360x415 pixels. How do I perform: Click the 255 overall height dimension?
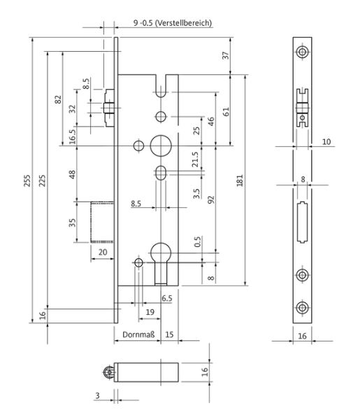27,181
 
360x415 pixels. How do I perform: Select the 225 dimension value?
42,181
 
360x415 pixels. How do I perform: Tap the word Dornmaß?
138,335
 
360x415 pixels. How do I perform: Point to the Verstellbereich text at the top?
183,23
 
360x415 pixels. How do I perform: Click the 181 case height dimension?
240,181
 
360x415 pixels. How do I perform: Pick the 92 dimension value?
211,199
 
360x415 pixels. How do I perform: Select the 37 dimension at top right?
226,55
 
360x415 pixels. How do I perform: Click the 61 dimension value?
226,112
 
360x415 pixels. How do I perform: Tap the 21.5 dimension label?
195,159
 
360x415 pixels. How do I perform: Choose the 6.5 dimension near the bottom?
167,298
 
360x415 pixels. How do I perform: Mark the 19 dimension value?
150,312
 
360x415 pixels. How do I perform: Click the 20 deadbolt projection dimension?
103,252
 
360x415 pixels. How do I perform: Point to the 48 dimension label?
72,174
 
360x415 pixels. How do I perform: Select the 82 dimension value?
58,99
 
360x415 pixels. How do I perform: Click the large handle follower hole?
161,146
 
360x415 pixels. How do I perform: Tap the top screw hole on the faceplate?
302,52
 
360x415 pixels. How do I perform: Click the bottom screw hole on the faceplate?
302,307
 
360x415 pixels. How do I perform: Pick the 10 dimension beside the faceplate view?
326,142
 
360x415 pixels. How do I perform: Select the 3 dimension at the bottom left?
98,395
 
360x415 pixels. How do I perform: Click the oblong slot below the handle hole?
161,173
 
